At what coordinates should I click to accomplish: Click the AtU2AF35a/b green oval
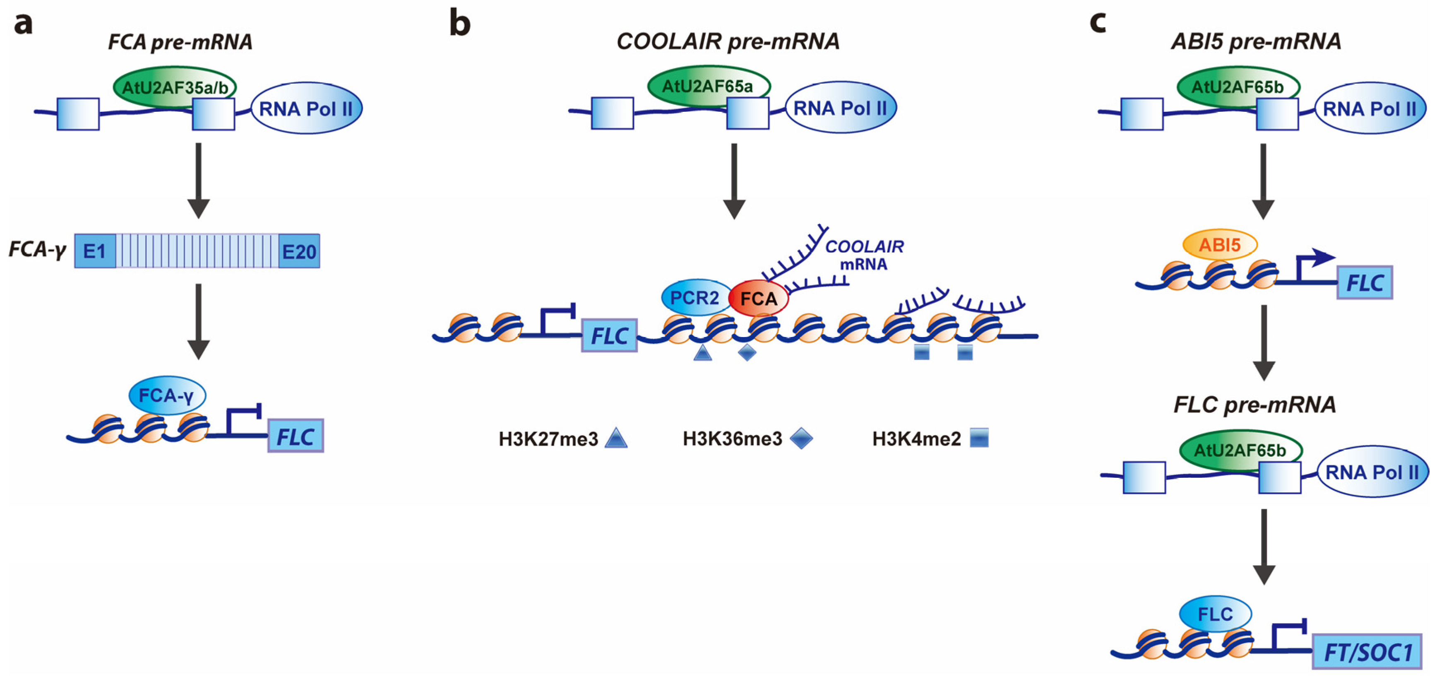point(175,87)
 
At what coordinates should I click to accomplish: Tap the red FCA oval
point(759,299)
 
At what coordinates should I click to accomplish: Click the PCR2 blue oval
point(695,297)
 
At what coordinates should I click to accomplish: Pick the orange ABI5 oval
point(1220,245)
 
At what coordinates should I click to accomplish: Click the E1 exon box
point(95,251)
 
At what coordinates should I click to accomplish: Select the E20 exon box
point(299,252)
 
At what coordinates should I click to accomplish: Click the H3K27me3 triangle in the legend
point(616,438)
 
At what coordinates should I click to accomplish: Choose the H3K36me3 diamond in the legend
point(802,438)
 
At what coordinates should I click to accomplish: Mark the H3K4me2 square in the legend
point(979,438)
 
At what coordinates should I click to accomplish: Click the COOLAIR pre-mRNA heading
point(728,41)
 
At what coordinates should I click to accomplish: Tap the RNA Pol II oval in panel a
point(306,109)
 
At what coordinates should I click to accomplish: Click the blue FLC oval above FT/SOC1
point(1215,614)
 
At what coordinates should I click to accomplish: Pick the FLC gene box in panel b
point(609,336)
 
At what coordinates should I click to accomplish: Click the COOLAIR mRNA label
point(864,255)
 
